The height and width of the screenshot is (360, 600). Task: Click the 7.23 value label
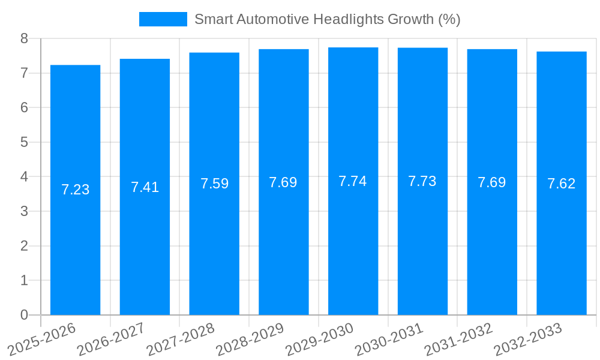point(75,190)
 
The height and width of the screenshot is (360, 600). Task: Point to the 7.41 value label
point(145,187)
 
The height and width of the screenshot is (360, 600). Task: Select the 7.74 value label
point(353,181)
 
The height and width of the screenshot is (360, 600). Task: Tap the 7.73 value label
point(422,181)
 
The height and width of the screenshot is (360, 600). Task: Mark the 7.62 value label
point(562,184)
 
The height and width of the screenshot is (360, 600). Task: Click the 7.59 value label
point(214,184)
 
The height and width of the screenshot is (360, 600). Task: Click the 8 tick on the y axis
point(24,38)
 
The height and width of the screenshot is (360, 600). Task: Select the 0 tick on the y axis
point(24,315)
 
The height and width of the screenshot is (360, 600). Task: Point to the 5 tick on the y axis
point(24,142)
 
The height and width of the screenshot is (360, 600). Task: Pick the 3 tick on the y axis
point(24,211)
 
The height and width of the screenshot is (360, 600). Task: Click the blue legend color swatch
point(163,19)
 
